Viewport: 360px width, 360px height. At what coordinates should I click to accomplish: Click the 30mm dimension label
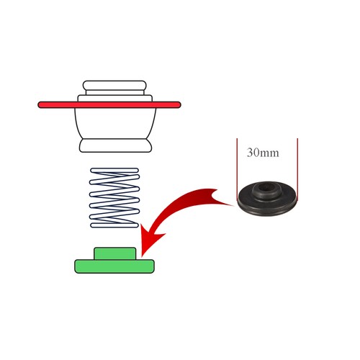coord(263,153)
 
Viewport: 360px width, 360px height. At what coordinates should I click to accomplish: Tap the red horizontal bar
coord(109,105)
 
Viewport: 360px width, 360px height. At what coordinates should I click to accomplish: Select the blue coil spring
coord(114,197)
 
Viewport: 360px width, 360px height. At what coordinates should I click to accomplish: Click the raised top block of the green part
coord(115,253)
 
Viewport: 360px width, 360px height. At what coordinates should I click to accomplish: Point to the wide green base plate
coord(114,266)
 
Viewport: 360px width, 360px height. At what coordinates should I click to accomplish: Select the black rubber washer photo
coord(267,199)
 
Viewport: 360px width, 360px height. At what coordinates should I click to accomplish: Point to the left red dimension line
coord(237,169)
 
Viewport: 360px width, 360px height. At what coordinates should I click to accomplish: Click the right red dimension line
coord(297,169)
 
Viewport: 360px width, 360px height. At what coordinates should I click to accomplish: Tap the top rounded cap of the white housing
coord(114,86)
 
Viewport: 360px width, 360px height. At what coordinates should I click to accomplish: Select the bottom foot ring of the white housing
coord(115,145)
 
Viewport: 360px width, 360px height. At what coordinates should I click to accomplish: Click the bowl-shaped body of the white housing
coord(115,123)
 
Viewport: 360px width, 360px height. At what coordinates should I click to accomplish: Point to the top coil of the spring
coord(114,171)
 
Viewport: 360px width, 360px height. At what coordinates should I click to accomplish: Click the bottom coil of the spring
coord(114,225)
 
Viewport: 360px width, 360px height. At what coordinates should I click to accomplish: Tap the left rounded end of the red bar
coord(40,105)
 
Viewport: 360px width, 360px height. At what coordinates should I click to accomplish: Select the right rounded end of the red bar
coord(178,105)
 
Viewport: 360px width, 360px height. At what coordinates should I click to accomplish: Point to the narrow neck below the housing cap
coord(114,92)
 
